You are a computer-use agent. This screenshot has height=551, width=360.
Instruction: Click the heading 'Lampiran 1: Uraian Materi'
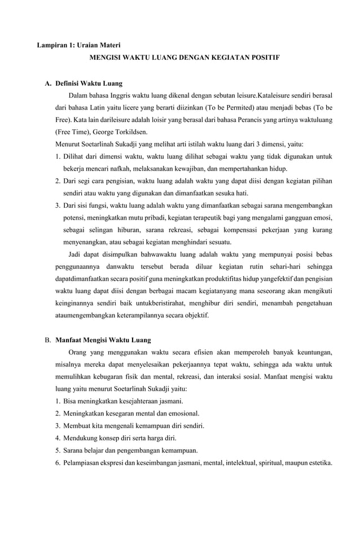[x=78, y=45]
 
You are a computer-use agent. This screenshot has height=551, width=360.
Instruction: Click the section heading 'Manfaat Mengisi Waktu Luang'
[x=103, y=340]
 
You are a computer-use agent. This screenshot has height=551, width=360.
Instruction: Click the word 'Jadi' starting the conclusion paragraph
[x=76, y=254]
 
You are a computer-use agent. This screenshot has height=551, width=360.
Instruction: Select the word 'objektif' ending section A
[x=196, y=315]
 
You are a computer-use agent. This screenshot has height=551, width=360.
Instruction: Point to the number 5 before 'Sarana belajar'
[x=58, y=450]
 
